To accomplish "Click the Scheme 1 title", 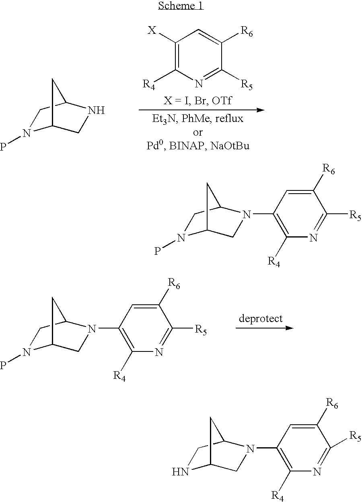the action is pos(181,6).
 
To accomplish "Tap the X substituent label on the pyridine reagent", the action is pos(152,31).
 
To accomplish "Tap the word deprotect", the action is pos(261,318).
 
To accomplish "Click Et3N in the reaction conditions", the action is pos(160,120).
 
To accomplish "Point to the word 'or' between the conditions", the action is pos(198,132).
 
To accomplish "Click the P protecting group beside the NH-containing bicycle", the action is pos(3,148).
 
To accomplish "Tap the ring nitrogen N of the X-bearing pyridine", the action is pos(198,84).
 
